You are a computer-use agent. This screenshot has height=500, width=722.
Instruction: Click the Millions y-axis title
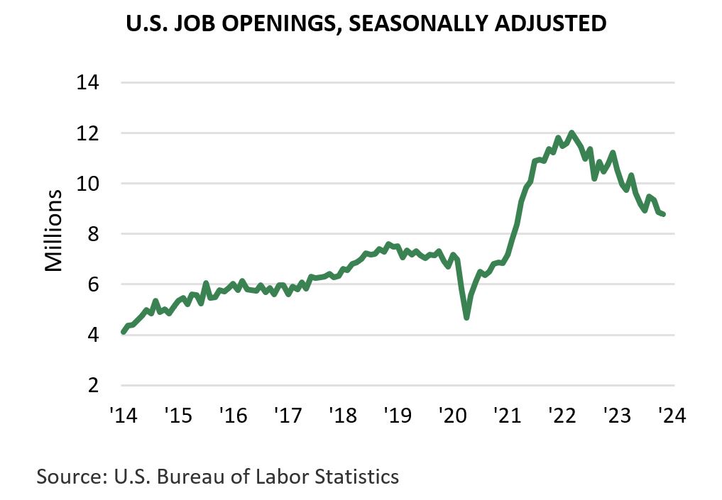(x=55, y=230)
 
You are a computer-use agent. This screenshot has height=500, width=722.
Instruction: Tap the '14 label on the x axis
(x=121, y=414)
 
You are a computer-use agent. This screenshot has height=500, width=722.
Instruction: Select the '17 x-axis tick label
(x=287, y=414)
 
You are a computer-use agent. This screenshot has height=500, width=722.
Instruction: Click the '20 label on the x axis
(x=452, y=414)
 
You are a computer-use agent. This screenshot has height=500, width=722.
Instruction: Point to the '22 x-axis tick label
(x=562, y=414)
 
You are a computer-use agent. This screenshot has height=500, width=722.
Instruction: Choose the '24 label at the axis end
(x=670, y=414)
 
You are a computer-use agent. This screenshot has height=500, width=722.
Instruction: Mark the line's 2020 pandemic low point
(x=466, y=317)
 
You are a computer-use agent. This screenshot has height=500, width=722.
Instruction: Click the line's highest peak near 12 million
(x=571, y=133)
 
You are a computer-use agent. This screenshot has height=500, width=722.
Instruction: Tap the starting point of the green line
(x=124, y=331)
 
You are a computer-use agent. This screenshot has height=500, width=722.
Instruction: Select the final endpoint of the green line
(x=663, y=214)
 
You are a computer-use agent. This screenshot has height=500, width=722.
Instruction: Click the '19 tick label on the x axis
(x=397, y=414)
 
